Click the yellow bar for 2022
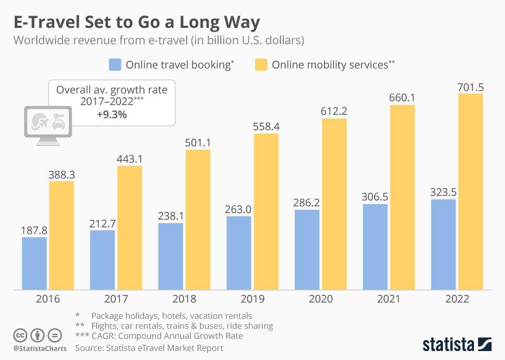click(x=471, y=192)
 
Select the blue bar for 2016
click(x=34, y=263)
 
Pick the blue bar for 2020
click(x=307, y=249)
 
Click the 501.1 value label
click(x=198, y=143)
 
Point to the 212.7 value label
click(x=102, y=223)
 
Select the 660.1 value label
click(x=402, y=98)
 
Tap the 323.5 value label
click(x=443, y=192)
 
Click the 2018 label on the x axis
click(x=184, y=299)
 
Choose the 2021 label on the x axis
click(x=389, y=299)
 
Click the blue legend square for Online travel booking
click(x=115, y=65)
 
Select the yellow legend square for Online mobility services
click(x=261, y=65)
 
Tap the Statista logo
click(x=457, y=344)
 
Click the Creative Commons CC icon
click(x=21, y=335)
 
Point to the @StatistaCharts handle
click(x=40, y=348)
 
